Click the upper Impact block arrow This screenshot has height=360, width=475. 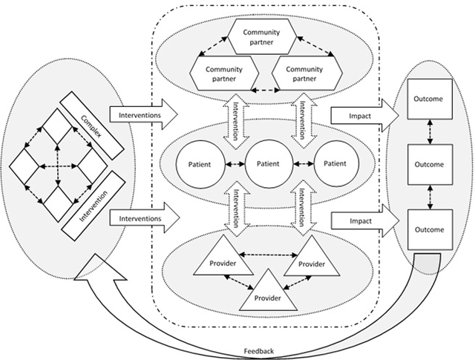[x=363, y=115]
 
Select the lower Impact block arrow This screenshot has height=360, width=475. [x=363, y=220]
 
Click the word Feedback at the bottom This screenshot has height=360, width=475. [x=258, y=350]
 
